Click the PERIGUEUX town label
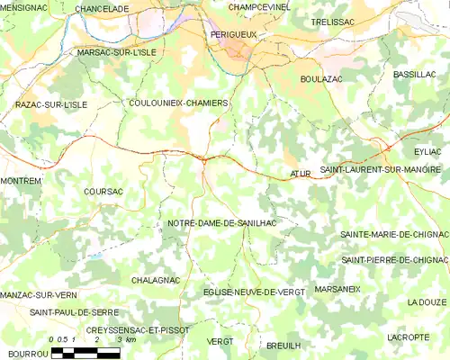[x=233, y=34]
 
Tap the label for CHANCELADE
[x=102, y=8]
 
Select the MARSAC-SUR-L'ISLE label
[x=117, y=52]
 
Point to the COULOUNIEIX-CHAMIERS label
[x=178, y=103]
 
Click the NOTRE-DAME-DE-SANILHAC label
[x=221, y=222]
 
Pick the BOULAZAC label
[x=322, y=79]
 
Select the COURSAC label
[x=102, y=192]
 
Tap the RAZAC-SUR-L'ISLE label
[x=51, y=105]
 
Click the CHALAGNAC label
[x=156, y=281]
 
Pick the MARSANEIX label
[x=337, y=290]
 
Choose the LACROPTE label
[x=408, y=337]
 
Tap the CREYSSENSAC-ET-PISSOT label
[x=138, y=330]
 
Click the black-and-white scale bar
[x=85, y=352]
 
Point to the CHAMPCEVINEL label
[x=259, y=7]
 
